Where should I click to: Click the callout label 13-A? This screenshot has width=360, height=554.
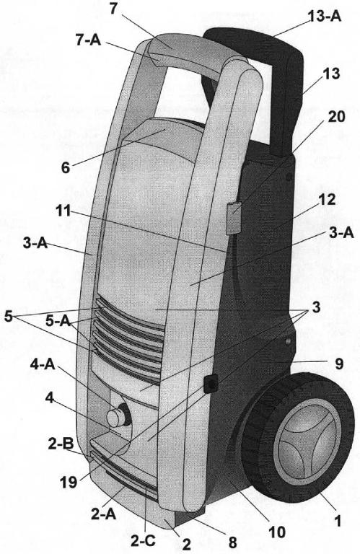coord(325,17)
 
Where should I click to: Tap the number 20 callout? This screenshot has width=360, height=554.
coord(336,116)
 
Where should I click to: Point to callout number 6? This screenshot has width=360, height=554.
coord(66,167)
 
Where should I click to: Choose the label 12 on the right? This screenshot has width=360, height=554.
coord(326,200)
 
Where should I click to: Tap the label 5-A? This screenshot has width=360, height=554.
coord(58,321)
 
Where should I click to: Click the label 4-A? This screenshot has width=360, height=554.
coord(43,364)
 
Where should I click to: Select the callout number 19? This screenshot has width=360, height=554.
coord(69,482)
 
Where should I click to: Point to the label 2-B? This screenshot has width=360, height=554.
coord(61,444)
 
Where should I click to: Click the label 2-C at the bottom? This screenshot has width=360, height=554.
coord(143,541)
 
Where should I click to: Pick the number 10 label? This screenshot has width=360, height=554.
coord(276,532)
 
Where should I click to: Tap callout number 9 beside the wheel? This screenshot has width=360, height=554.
coord(339,364)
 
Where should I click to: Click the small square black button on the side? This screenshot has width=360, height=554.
coord(211,383)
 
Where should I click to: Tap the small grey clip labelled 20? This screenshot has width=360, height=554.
coord(234,218)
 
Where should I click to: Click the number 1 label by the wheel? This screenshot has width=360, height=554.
coord(338,521)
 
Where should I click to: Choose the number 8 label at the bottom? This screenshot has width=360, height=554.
coord(232,542)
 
